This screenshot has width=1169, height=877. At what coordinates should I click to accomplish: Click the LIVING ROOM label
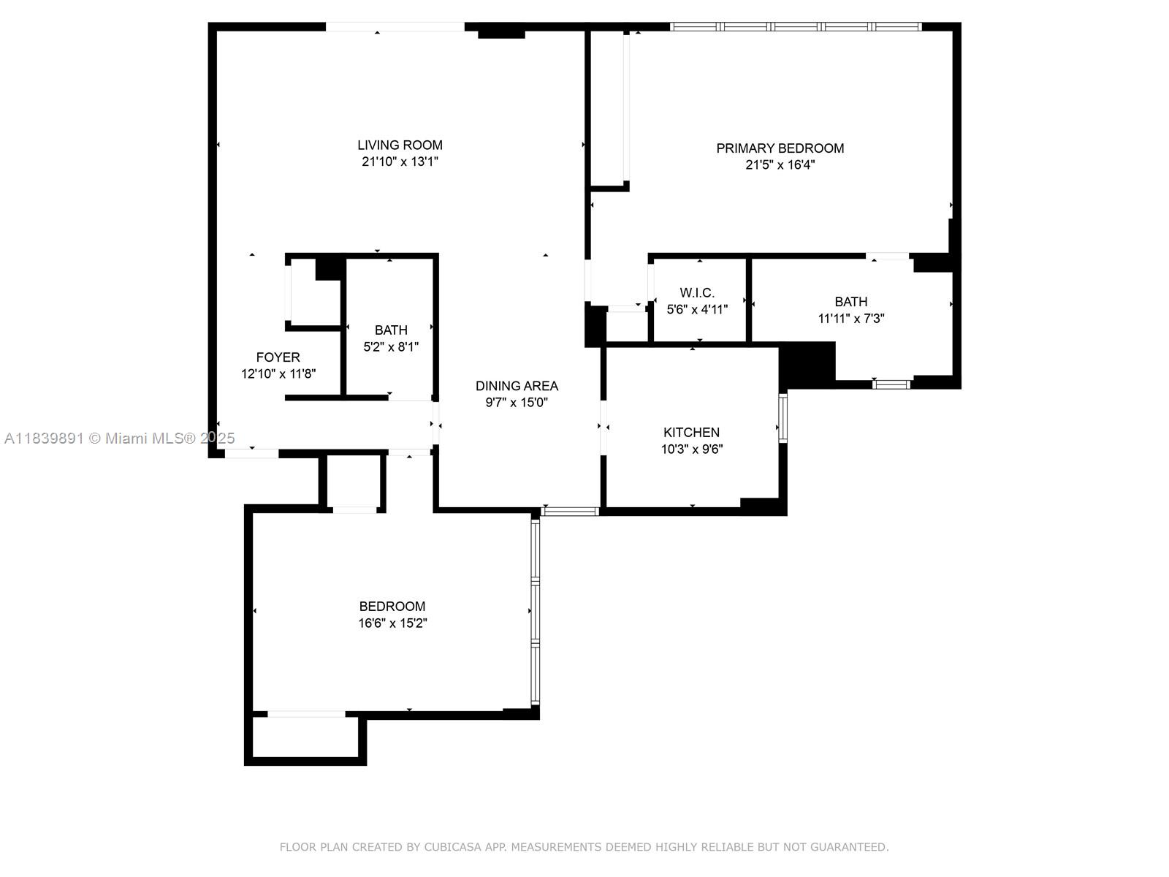click(x=400, y=145)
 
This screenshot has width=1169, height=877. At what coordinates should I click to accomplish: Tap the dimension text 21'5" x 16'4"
click(x=780, y=165)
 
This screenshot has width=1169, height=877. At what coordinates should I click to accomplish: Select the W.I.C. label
click(x=697, y=292)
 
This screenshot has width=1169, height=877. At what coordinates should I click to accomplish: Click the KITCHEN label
click(x=691, y=432)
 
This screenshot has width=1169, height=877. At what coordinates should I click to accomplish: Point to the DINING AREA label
click(x=517, y=385)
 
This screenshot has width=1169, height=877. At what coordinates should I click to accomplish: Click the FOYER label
click(x=278, y=357)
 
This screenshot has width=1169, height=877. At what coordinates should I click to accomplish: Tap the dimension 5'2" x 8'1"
click(x=391, y=347)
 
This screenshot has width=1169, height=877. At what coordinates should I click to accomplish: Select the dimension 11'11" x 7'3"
click(x=851, y=319)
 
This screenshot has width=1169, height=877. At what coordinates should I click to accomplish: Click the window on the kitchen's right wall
click(x=782, y=418)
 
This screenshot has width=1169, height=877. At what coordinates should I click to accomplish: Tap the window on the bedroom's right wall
click(x=535, y=611)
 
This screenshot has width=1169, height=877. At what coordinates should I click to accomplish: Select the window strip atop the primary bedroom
click(x=796, y=27)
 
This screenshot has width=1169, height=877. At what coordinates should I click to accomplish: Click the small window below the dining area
click(x=570, y=511)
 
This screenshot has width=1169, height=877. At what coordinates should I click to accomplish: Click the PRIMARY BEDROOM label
click(x=780, y=148)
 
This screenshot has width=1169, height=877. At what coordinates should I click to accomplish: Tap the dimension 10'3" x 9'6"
click(x=691, y=449)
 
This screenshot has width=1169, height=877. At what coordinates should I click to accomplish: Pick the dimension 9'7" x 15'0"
click(x=517, y=403)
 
